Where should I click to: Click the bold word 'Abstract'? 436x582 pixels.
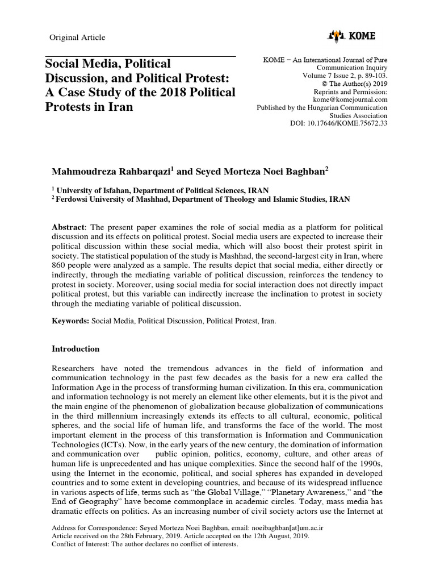click(x=68, y=227)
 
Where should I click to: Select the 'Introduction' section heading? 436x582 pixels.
click(x=76, y=348)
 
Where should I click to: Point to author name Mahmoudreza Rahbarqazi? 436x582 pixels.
click(x=108, y=171)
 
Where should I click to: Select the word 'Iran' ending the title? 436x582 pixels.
click(x=119, y=106)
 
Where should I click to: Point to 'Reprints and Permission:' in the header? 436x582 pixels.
click(x=350, y=92)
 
